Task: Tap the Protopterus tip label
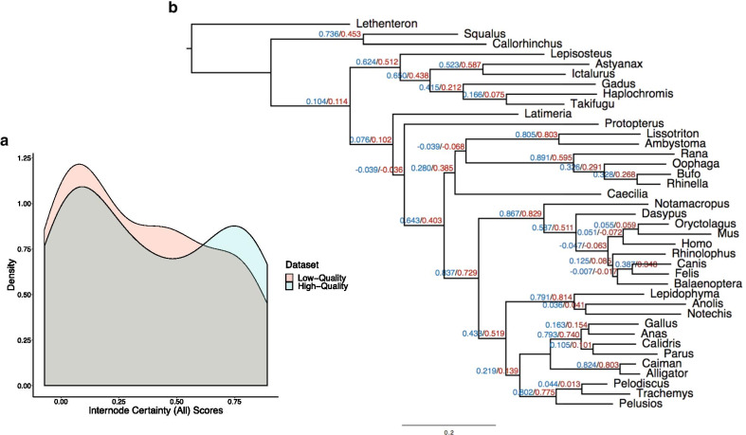[x=635, y=125]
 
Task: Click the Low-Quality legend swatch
[x=290, y=277]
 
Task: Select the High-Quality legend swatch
[x=290, y=286]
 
